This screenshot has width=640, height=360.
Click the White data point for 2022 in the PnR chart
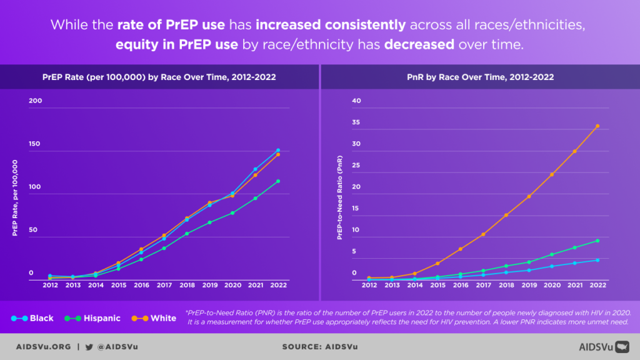(597, 126)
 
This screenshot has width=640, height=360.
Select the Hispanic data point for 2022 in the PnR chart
(597, 241)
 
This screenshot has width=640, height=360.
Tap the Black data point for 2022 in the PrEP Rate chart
(277, 150)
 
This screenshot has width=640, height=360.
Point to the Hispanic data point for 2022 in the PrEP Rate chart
(277, 181)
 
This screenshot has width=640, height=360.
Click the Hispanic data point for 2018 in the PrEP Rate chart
(187, 234)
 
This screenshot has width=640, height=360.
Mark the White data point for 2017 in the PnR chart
(483, 234)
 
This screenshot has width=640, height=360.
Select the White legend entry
(154, 318)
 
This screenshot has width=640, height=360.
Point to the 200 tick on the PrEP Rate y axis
(35, 101)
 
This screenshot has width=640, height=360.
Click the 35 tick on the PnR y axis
(357, 122)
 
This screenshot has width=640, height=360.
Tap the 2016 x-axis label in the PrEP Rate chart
(141, 285)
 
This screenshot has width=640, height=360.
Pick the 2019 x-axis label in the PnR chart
(529, 285)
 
